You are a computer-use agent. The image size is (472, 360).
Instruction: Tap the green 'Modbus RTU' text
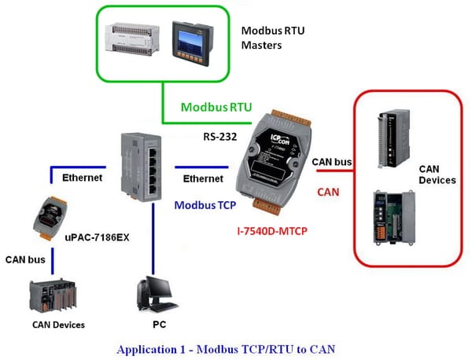click(x=211, y=106)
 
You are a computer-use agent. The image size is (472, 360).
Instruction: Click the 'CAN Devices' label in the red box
click(x=437, y=174)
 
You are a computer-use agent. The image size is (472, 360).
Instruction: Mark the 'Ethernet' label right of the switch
click(x=202, y=179)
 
